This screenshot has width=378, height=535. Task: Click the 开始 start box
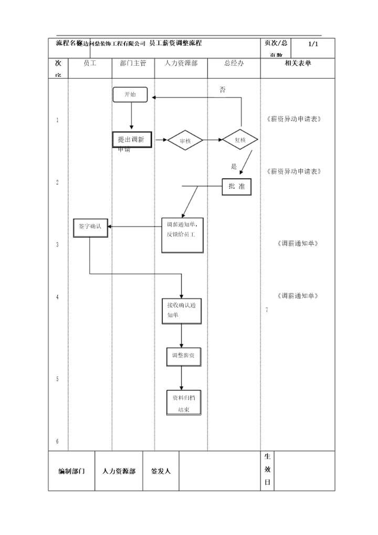point(130,95)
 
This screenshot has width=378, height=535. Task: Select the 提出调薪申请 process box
point(132,140)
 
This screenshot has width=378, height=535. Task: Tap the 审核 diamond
point(185,140)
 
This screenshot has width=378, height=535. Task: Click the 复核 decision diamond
point(240,140)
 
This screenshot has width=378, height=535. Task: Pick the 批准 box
point(236,187)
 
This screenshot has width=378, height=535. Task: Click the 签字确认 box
point(90,227)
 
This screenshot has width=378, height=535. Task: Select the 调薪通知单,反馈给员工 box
point(182,234)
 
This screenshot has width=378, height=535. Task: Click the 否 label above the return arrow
point(222,90)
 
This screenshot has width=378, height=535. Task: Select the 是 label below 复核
point(234,167)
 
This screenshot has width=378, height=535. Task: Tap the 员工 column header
point(90,64)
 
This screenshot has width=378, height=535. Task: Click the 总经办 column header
point(234,64)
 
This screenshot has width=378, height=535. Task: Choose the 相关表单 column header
point(298,64)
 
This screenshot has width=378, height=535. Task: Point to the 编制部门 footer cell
point(71,471)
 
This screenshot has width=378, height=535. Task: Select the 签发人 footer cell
point(161,471)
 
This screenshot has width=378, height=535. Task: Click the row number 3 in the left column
point(58,245)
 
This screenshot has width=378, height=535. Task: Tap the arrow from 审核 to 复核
point(213,140)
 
